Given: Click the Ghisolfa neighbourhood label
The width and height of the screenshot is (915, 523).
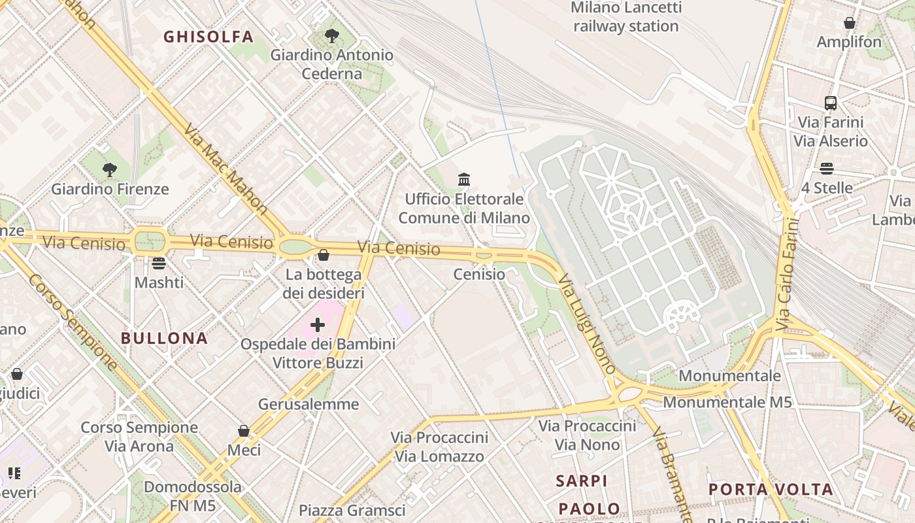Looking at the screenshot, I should (208, 37).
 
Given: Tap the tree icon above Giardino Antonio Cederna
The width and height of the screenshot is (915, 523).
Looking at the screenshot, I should (332, 35).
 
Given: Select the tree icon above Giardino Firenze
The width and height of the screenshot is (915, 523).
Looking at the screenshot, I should (110, 170).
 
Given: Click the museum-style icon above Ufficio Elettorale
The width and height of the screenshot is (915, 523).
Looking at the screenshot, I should (464, 178).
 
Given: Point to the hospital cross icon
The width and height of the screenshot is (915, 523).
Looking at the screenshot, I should (318, 325).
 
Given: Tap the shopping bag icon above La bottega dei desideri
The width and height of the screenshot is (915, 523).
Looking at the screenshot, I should (323, 255).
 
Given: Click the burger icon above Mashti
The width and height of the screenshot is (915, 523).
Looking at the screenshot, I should (159, 263).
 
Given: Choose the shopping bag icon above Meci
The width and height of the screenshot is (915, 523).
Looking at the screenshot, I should (244, 431).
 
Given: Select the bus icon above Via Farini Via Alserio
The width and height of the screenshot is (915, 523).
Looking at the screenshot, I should (830, 103).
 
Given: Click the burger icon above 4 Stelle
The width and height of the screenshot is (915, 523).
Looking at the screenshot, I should (827, 169).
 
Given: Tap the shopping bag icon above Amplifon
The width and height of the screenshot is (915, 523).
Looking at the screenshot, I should (849, 23).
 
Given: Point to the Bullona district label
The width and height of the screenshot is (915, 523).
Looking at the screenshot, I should (164, 338).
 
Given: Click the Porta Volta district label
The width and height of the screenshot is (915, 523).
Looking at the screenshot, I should (771, 489).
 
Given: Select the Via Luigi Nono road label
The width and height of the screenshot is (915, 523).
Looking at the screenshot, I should (587, 324).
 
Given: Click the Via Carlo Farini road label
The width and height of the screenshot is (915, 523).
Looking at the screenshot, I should (788, 275).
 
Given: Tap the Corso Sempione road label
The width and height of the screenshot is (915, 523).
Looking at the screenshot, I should (73, 322).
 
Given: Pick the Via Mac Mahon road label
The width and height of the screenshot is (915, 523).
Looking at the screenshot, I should (226, 169).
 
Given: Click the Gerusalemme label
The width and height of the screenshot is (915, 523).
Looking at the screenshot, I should (308, 404).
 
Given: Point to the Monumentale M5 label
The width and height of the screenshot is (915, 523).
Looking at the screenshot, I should (727, 401).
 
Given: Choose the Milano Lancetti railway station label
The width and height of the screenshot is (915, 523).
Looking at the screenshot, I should (625, 17).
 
